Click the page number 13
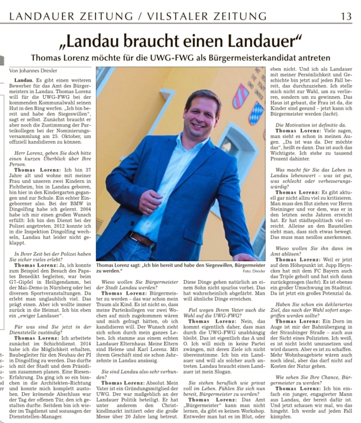pyautogui.click(x=346, y=16)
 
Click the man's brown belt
pyautogui.click(x=142, y=239)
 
